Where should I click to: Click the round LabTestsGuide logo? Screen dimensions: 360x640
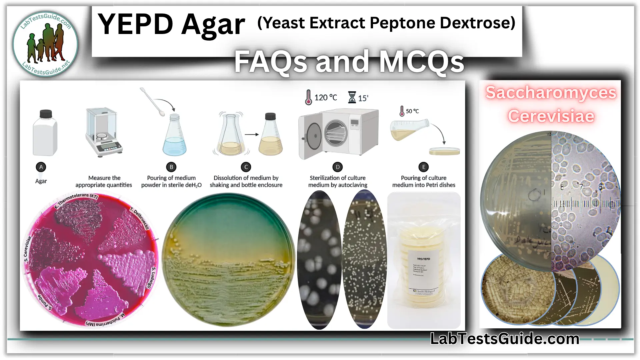46,44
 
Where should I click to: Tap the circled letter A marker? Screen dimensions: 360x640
41,167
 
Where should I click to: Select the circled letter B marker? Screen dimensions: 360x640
171,167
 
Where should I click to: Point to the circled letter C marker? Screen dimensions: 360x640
246,167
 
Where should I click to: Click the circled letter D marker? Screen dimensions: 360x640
337,167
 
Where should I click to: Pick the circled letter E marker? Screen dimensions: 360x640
424,167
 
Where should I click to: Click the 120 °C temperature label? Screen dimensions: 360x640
325,98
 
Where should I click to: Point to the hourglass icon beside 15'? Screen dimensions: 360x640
352,97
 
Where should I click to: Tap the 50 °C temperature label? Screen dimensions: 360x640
412,111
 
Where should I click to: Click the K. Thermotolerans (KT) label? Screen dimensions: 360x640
76,200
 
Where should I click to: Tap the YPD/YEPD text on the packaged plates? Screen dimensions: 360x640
423,259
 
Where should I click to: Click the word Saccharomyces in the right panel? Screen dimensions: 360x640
551,93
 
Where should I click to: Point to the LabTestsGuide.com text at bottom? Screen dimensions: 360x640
505,339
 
